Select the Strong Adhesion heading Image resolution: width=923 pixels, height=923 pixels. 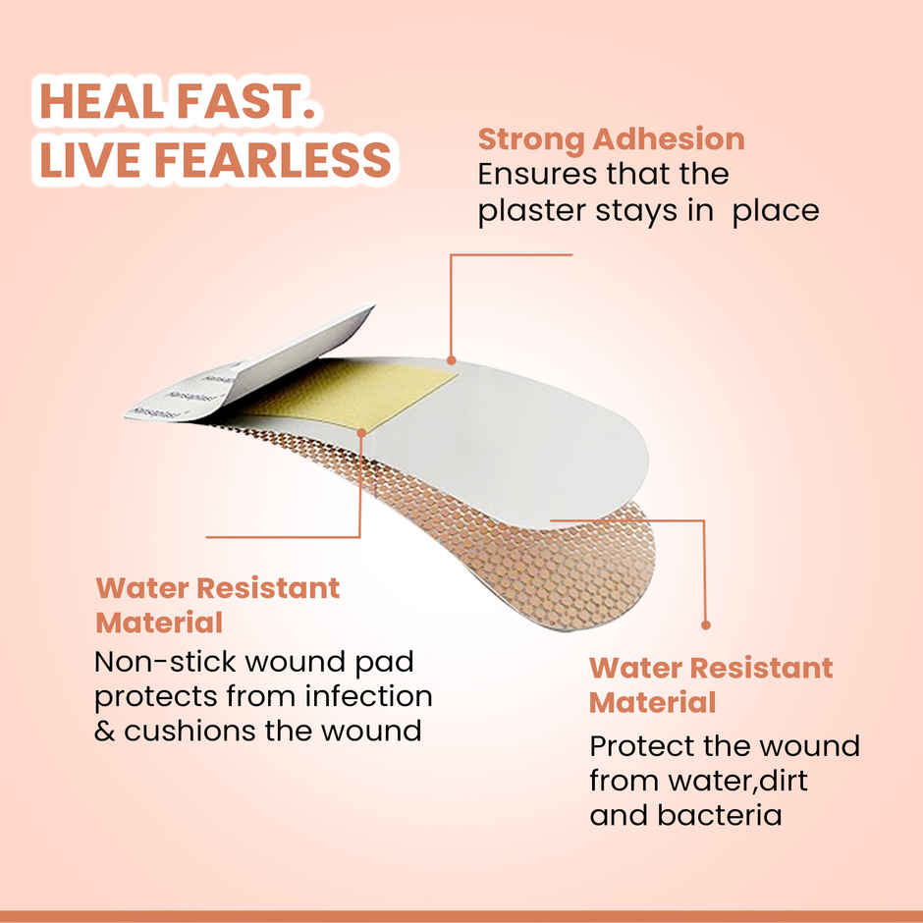pos(611,139)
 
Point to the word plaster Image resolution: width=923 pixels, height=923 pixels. pos(526,211)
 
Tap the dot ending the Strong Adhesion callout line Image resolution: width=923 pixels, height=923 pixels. pos(451,360)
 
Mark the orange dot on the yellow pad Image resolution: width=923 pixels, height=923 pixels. pos(361,430)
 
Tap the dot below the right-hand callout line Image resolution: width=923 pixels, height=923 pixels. pos(705,624)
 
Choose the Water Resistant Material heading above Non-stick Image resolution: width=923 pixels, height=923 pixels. pos(217,605)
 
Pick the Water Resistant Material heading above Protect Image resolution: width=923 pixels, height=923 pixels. pos(710,684)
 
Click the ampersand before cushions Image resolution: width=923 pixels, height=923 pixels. pos(105,733)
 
